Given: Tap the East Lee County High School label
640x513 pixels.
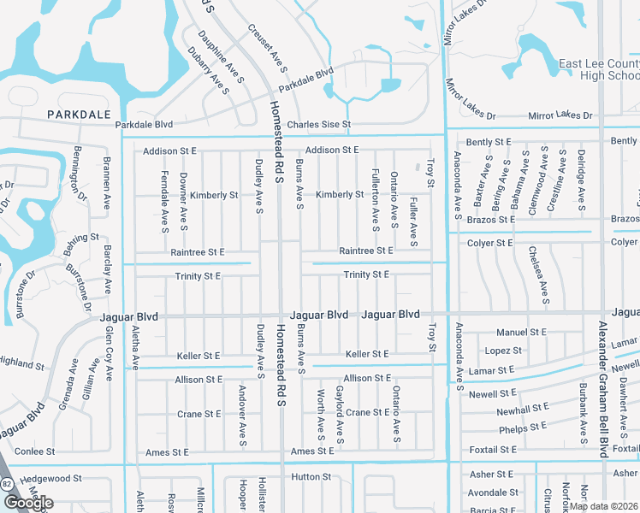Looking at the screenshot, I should coord(599,69).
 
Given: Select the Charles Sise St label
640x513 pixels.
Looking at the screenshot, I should coord(318,125).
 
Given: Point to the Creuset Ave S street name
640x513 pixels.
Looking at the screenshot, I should coord(267,46).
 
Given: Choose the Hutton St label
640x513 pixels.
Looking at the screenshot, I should coord(311,477).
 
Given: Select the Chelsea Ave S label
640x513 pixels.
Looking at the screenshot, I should coord(545,275).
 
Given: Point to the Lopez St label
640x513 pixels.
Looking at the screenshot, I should coord(503,351).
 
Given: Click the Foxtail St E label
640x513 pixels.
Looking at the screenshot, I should coord(496,449).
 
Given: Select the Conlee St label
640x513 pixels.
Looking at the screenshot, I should coord(35,451).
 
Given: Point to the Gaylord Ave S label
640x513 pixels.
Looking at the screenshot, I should coord(340,415).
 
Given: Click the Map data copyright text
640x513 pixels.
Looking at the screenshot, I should coord(602,506).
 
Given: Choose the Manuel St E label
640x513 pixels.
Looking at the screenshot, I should coord(521,332).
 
